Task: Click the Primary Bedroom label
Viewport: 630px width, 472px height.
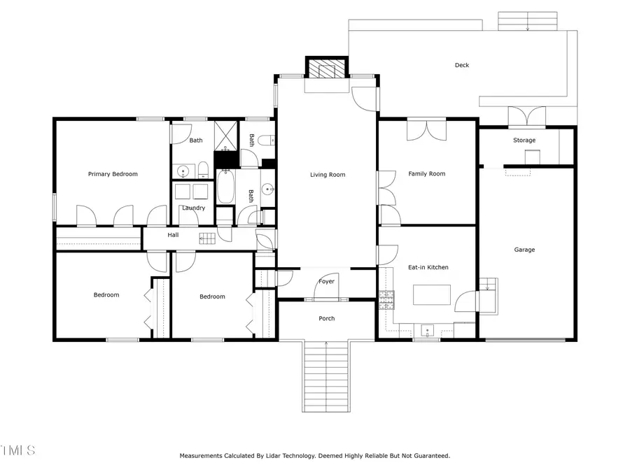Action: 113,174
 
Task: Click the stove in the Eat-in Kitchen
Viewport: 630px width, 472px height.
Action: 386,301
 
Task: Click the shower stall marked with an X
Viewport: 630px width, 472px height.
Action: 226,136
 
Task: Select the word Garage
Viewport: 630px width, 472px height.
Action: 524,250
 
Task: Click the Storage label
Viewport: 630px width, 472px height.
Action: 524,141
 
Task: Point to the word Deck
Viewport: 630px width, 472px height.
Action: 462,65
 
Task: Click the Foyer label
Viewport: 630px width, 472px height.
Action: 327,282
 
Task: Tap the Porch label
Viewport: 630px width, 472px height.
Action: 327,319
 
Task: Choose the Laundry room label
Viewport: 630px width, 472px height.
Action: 193,208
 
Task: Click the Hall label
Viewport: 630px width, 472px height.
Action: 173,235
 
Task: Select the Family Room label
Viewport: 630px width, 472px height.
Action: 427,174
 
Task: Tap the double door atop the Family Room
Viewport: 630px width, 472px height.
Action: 426,130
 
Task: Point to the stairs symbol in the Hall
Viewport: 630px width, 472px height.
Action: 207,238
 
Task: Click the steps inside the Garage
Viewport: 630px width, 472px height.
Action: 488,285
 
